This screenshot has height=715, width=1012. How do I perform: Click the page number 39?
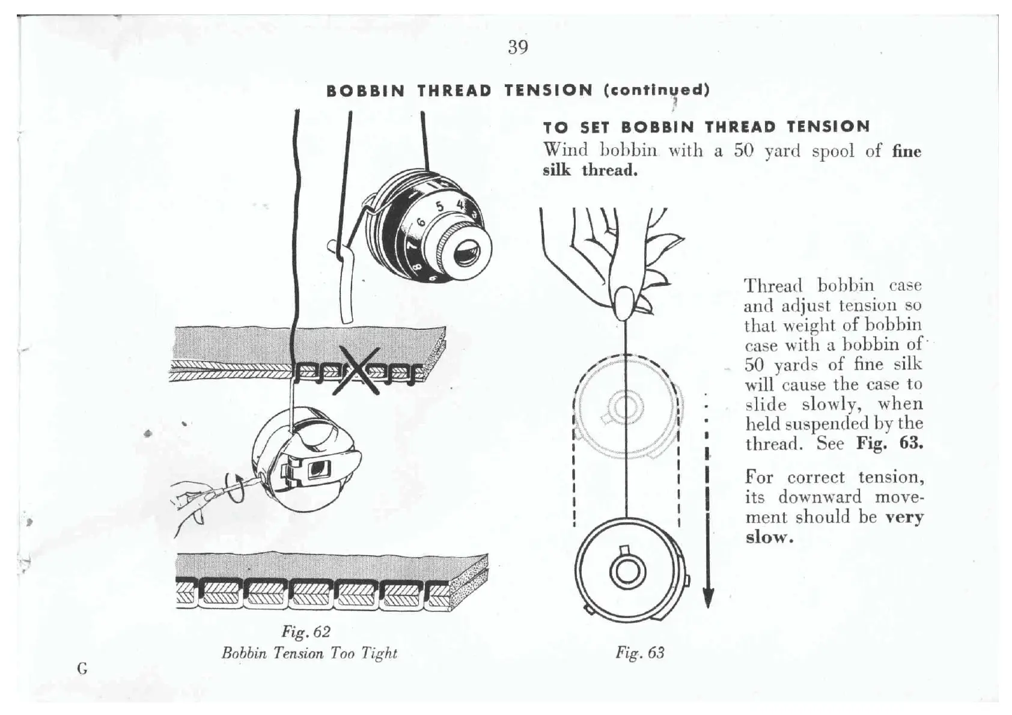517,47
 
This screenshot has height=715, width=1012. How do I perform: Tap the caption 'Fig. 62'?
306,632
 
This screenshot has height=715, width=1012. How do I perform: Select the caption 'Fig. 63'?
639,653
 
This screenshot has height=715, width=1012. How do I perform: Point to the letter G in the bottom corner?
82,668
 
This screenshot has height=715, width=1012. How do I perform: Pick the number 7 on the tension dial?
412,246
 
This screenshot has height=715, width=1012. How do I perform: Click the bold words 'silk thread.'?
590,171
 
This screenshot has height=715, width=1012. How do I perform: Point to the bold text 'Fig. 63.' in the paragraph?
889,443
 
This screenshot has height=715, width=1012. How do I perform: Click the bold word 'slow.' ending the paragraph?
769,537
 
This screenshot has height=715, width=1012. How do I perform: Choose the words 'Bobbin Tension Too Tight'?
309,653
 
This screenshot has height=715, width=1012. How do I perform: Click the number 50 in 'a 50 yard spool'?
743,150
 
